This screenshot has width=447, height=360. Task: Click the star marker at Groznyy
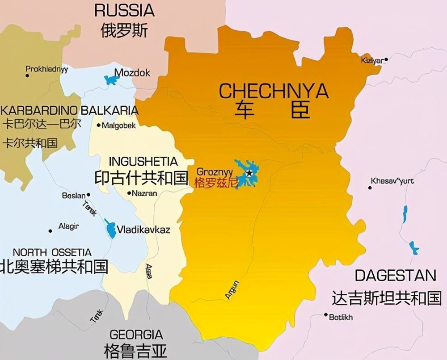point(249,173)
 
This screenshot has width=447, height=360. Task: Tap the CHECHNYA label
point(274,91)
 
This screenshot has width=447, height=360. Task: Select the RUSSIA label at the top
point(124,10)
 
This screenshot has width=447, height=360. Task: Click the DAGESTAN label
point(395,276)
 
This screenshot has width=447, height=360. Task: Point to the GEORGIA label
point(136,335)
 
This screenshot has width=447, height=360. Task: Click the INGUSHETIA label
point(143,161)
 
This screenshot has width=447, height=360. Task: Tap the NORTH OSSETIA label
point(52,252)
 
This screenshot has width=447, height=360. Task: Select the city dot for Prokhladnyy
point(27,76)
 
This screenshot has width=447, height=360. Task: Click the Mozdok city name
point(132,73)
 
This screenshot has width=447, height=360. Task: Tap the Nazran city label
point(145,193)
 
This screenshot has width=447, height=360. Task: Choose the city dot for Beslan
point(89,195)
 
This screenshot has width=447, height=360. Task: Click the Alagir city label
point(68,226)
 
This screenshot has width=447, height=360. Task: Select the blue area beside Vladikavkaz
point(110,229)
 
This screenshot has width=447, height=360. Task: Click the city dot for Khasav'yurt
point(370,188)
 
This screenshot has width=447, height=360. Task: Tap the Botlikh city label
point(341,317)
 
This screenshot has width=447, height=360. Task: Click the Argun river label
point(232,290)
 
